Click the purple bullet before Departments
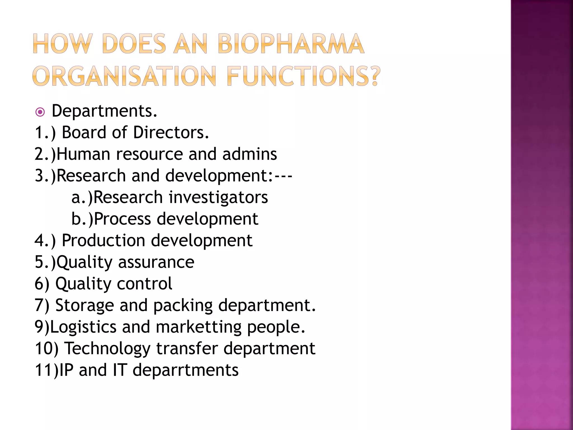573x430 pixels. click(40, 112)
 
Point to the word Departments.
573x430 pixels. click(104, 111)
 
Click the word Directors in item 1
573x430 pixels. click(171, 132)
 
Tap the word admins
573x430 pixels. click(250, 154)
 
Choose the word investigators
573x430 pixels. click(218, 198)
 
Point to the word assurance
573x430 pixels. click(156, 262)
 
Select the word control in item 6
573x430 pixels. click(144, 284)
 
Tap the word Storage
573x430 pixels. click(84, 305)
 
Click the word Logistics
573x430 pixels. click(83, 327)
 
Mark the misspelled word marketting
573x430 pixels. click(198, 327)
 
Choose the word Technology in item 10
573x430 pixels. click(108, 349)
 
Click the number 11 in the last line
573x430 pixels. click(44, 370)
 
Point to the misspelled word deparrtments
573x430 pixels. click(185, 370)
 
